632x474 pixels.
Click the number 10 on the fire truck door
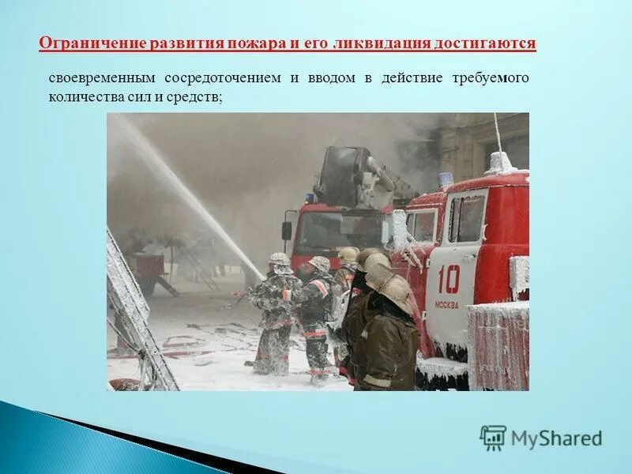448,279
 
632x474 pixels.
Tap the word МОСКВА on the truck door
446,304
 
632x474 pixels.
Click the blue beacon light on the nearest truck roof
446,179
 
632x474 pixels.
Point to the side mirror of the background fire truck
287,230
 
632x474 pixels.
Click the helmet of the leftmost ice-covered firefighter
279,259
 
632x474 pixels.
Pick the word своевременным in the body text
102,78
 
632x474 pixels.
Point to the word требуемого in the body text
491,78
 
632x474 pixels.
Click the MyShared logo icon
493,438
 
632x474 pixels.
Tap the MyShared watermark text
556,438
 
